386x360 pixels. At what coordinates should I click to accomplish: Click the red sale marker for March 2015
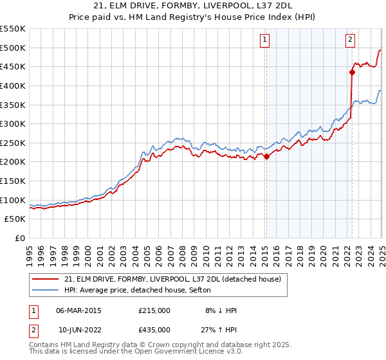coord(266,156)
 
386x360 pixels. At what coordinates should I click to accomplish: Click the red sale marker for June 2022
coord(352,72)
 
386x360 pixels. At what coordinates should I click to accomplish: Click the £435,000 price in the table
coord(154,330)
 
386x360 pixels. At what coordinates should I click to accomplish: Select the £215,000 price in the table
coord(154,310)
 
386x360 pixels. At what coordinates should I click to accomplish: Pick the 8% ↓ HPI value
coord(221,310)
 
